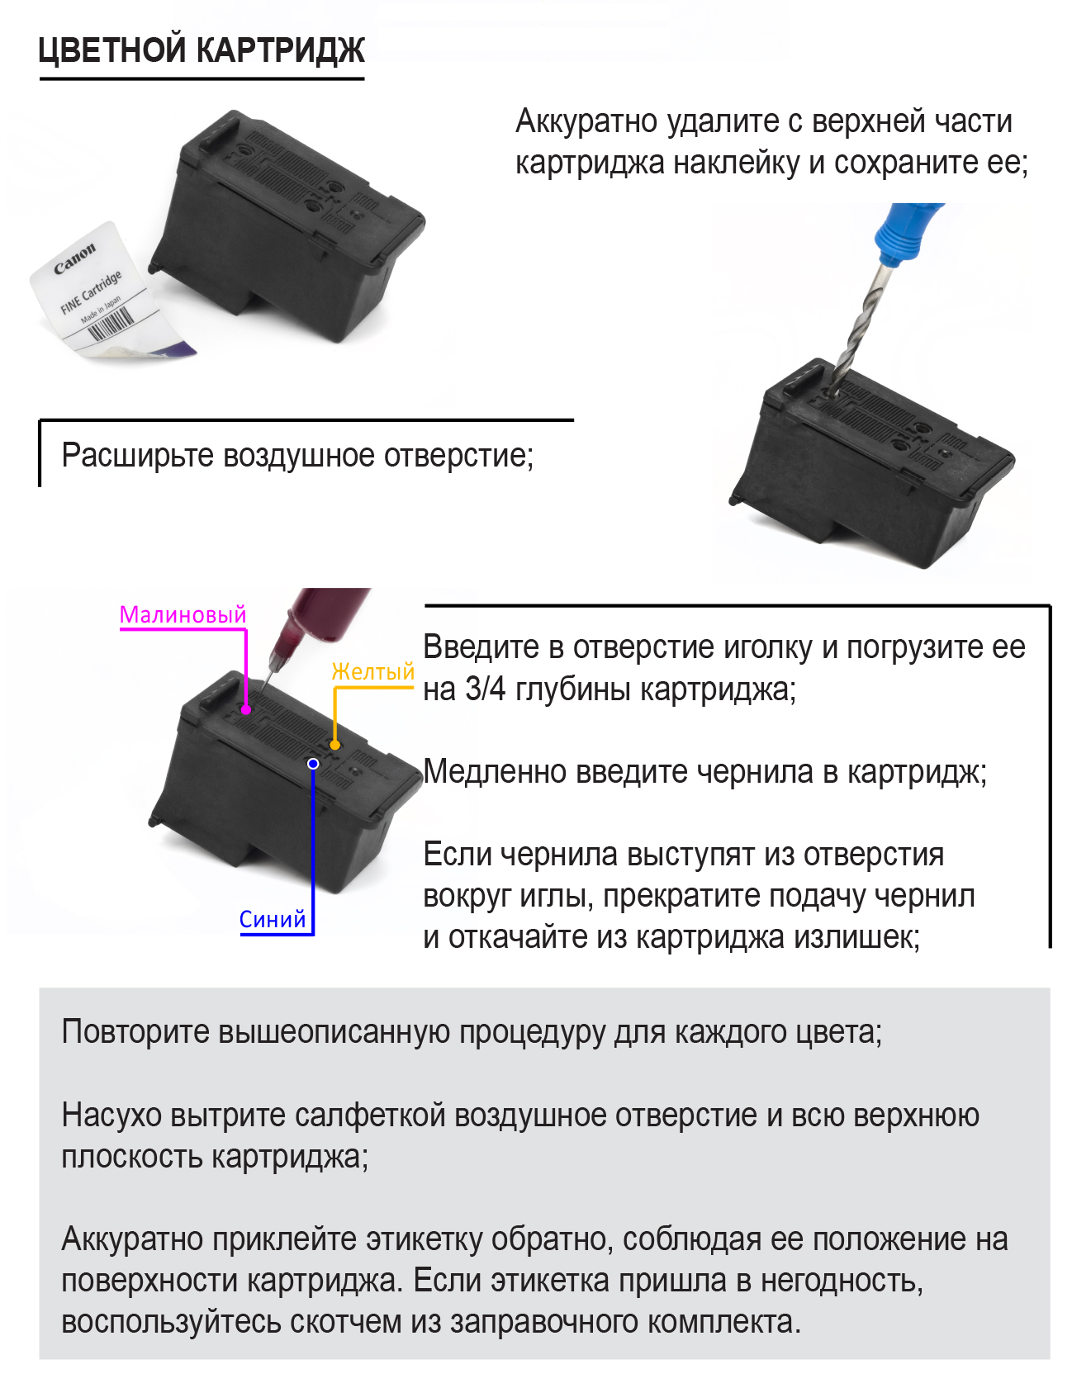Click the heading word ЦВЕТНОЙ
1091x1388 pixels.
(x=112, y=50)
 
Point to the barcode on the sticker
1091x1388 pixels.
(x=111, y=324)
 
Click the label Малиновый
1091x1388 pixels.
(x=183, y=614)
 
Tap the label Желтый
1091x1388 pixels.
(x=372, y=672)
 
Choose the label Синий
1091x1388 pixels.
(x=272, y=919)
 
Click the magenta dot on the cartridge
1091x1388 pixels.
(x=246, y=709)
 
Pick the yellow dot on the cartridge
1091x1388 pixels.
(x=334, y=745)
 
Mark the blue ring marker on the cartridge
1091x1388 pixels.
(x=313, y=764)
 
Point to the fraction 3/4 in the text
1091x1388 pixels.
(x=486, y=689)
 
